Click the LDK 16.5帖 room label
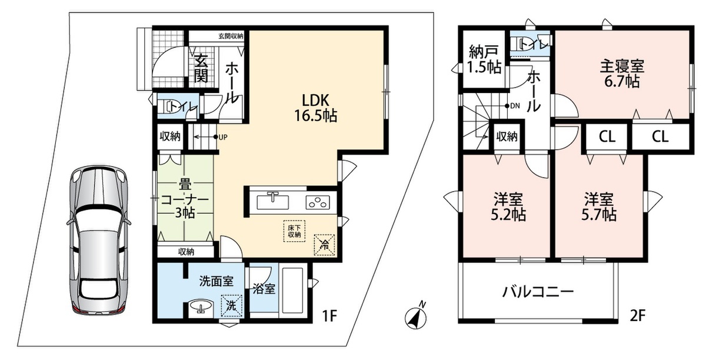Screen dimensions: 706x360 pyautogui.click(x=316, y=108)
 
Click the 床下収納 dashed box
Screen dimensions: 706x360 pyautogui.click(x=294, y=231)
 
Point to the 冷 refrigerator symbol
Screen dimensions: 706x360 pyautogui.click(x=324, y=245)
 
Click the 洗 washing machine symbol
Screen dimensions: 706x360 pyautogui.click(x=232, y=305)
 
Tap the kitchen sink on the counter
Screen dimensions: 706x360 pyautogui.click(x=272, y=202)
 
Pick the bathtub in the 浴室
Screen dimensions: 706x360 pyautogui.click(x=293, y=291)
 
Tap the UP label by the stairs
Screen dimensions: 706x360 pyautogui.click(x=223, y=137)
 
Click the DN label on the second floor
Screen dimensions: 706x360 pyautogui.click(x=515, y=106)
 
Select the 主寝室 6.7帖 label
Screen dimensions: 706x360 pyautogui.click(x=622, y=74)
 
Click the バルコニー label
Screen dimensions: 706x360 pyautogui.click(x=538, y=292)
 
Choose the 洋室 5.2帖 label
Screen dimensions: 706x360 pyautogui.click(x=508, y=207)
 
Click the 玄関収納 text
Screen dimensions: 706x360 pyautogui.click(x=231, y=36)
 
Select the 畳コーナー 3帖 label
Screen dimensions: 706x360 pyautogui.click(x=185, y=199)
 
